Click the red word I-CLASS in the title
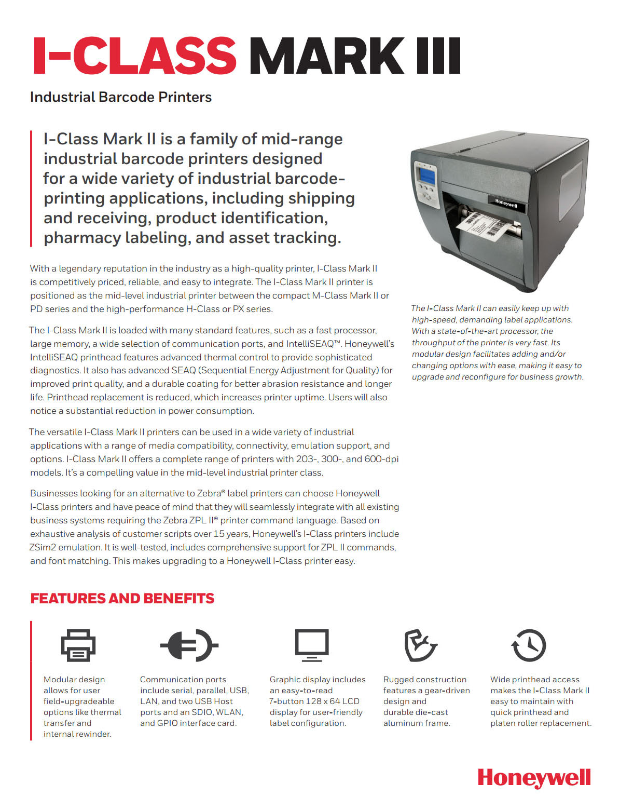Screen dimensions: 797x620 [134, 56]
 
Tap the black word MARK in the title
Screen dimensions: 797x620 [327, 56]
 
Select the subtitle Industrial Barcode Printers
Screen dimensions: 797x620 [121, 97]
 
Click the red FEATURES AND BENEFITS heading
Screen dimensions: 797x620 [122, 598]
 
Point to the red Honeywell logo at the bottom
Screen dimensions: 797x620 [534, 778]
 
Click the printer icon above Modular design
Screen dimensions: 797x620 [78, 645]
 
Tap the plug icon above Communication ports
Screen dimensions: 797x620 [189, 645]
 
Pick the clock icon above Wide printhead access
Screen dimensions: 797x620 [529, 645]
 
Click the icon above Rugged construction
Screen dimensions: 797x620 [420, 645]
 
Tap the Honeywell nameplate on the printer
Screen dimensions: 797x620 [506, 204]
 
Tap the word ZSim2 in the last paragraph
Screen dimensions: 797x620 [43, 547]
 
